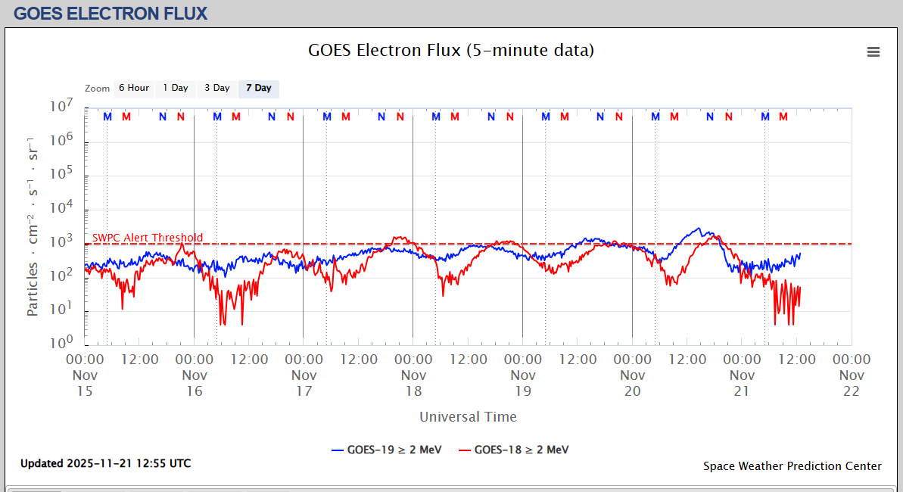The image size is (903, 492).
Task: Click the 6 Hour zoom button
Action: click(x=133, y=88)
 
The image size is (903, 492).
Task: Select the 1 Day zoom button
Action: click(x=176, y=88)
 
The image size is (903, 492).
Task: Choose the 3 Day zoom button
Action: click(x=216, y=88)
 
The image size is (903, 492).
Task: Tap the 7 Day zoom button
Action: click(x=258, y=88)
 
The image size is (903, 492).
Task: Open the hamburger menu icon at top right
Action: click(x=873, y=51)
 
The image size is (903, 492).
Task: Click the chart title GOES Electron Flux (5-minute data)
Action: click(x=451, y=51)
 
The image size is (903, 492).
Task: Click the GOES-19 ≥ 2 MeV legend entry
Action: click(x=386, y=450)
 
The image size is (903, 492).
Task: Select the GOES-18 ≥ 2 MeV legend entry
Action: click(x=513, y=450)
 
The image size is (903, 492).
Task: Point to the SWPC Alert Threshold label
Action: click(x=148, y=238)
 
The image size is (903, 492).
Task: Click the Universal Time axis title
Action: click(x=468, y=416)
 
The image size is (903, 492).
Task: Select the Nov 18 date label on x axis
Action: click(x=413, y=383)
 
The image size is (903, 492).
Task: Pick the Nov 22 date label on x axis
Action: click(x=852, y=383)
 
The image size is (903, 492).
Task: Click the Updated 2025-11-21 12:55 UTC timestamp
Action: click(x=105, y=463)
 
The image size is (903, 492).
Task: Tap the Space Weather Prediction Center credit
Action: click(x=792, y=466)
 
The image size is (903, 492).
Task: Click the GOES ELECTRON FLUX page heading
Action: click(x=111, y=13)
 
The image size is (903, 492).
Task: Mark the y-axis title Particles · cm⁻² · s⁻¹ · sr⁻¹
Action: click(x=33, y=226)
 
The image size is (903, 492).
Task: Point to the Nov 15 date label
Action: click(x=85, y=383)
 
